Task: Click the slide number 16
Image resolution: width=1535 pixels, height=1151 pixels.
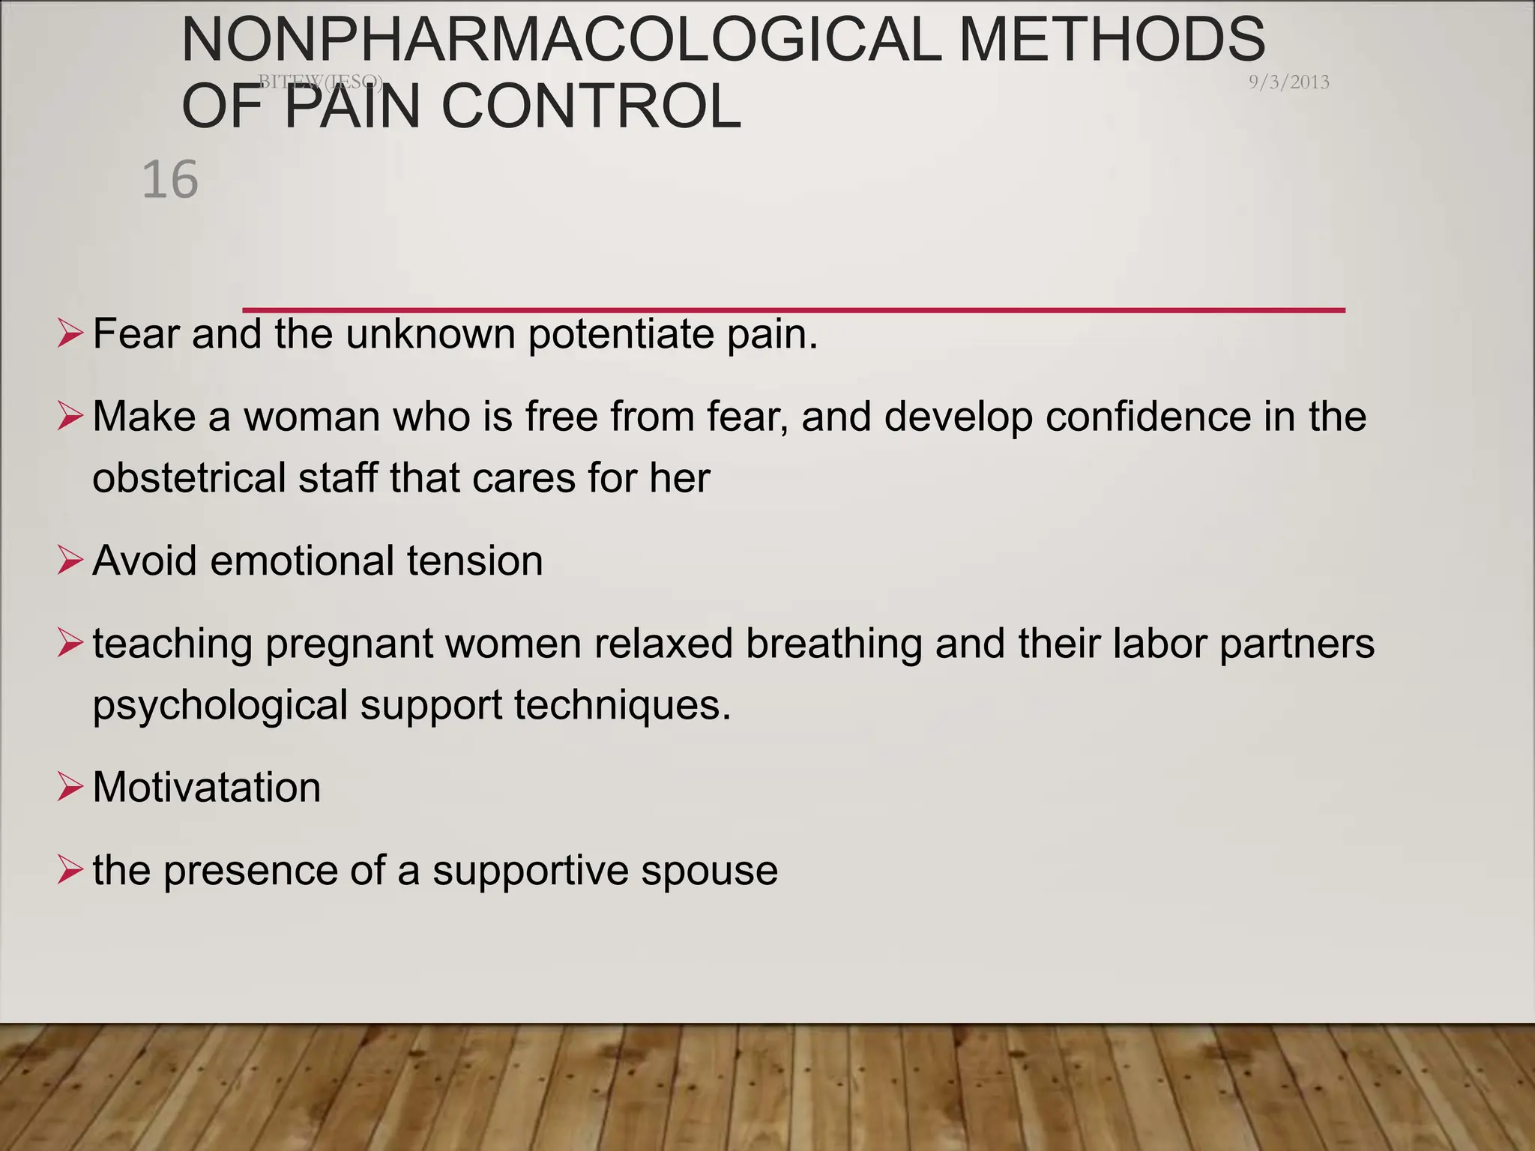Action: tap(170, 180)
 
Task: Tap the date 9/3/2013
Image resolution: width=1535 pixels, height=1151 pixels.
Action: tap(1288, 82)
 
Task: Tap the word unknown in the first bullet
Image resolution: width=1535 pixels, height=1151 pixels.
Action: tap(430, 334)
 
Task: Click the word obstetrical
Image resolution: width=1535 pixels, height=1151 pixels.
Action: tap(189, 478)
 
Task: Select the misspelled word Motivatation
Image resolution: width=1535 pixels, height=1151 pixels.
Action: tap(207, 788)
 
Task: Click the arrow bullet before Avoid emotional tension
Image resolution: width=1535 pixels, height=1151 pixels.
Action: tap(69, 561)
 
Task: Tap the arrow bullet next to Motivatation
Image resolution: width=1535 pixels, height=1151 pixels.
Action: tap(69, 788)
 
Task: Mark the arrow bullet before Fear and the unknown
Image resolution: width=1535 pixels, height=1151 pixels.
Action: tap(69, 334)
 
